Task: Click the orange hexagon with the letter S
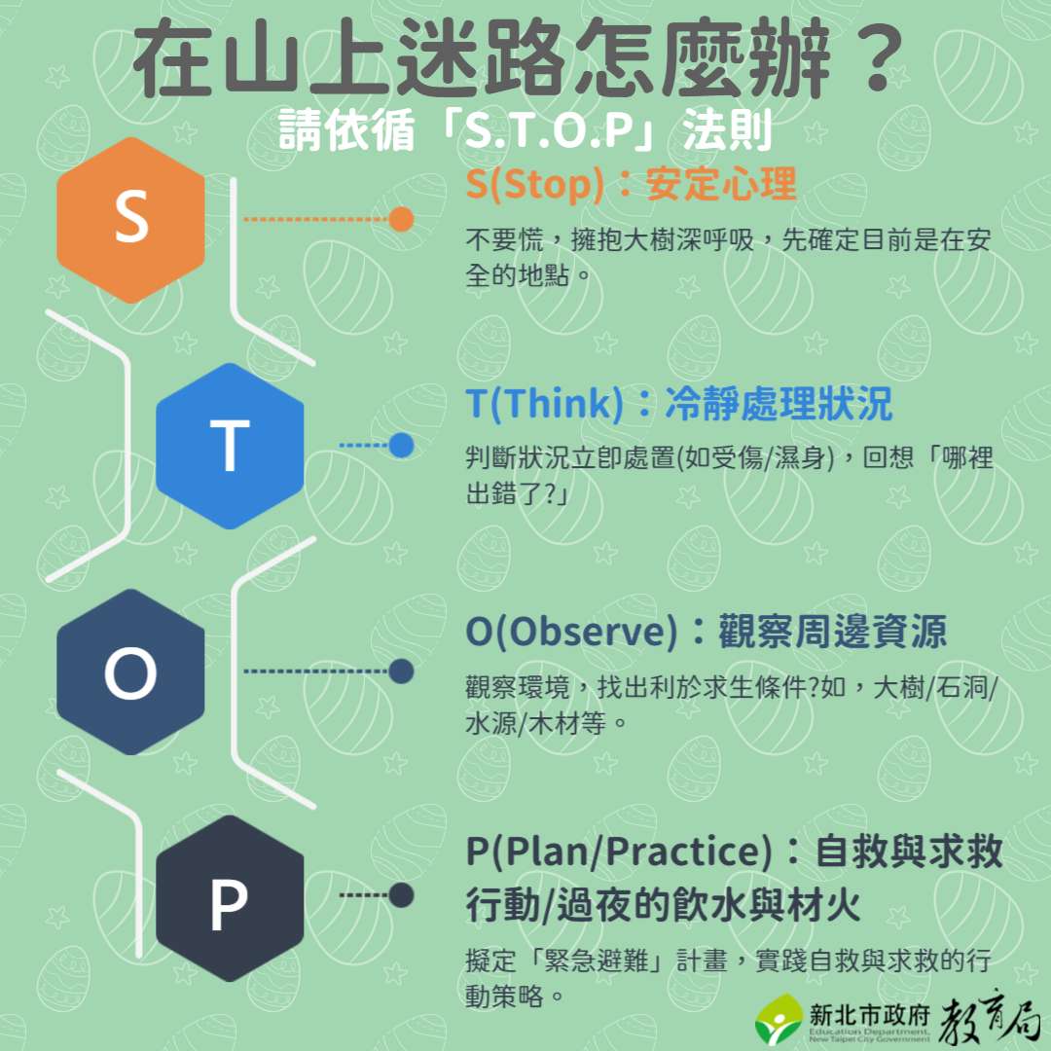point(130,220)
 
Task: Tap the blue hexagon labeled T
point(230,446)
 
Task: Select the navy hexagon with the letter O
point(130,671)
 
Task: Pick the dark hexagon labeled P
point(230,898)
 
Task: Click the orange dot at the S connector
point(402,219)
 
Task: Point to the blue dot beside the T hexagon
point(402,445)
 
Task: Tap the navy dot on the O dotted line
point(402,670)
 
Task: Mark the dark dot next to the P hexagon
point(402,895)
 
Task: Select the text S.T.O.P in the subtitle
point(550,130)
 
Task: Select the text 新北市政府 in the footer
point(869,1015)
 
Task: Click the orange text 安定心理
point(721,184)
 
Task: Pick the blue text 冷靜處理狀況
point(779,404)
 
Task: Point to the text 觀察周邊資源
point(832,632)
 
